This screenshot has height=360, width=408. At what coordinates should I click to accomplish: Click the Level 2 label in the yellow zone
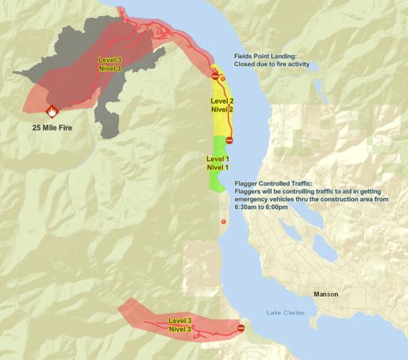221,101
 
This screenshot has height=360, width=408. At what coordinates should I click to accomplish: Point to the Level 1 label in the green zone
218,158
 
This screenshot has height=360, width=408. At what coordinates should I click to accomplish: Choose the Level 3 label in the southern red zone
180,320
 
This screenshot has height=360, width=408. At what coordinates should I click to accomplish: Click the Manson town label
326,294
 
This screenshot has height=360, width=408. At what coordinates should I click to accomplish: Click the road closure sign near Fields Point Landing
215,76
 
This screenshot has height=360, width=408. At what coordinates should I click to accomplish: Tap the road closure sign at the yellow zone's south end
229,140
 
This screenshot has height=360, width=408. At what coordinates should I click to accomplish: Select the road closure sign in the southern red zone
241,328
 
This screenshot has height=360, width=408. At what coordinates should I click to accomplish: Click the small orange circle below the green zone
223,221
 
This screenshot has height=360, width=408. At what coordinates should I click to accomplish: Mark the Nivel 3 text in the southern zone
180,328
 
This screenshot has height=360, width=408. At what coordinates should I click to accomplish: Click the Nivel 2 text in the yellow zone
221,109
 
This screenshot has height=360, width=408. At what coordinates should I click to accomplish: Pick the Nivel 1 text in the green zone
218,167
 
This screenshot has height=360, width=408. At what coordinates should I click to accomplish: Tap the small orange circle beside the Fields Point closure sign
223,78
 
